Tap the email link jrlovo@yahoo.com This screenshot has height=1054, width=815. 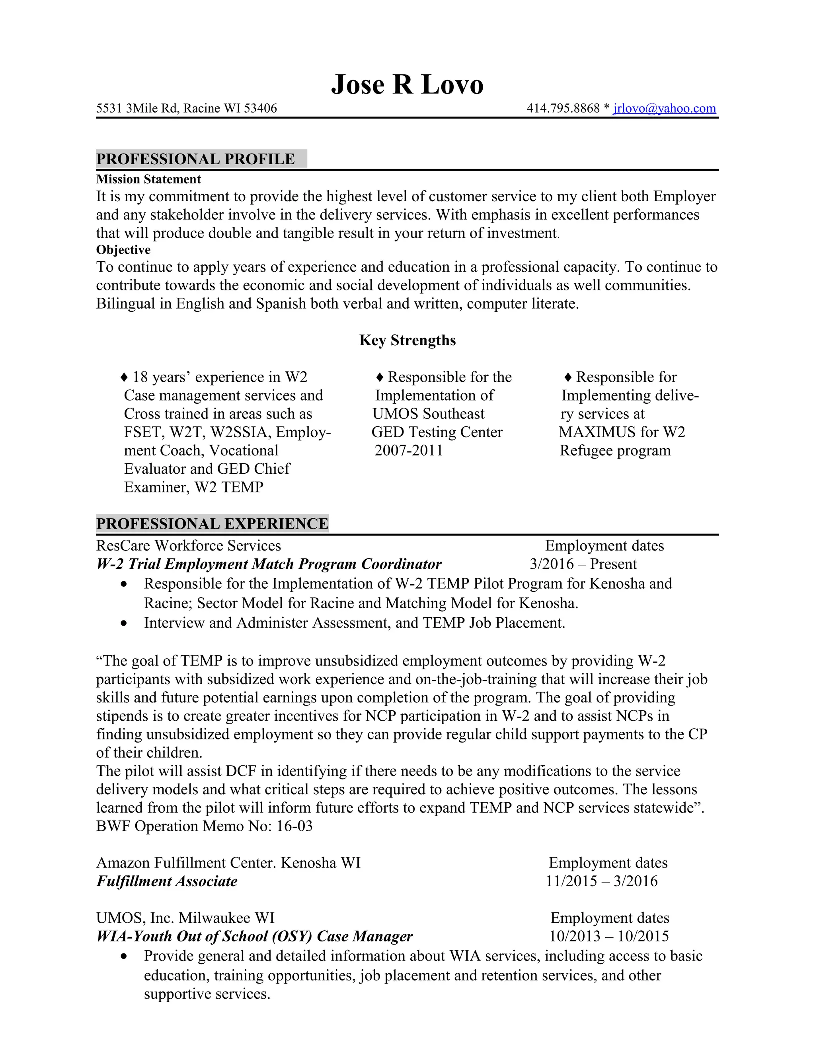pos(664,108)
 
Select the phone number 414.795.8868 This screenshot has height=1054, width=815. pos(563,108)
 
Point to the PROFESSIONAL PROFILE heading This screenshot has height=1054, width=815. pos(195,159)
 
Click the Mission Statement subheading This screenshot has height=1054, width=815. pos(148,179)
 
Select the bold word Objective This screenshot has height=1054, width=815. pos(123,250)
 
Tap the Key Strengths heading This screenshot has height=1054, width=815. pos(407,340)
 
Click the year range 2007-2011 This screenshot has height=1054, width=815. pos(408,451)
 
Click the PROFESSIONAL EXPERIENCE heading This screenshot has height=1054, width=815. pos(212,524)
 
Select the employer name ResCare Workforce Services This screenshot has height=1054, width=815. pos(188,546)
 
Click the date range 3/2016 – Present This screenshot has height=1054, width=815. pos(583,564)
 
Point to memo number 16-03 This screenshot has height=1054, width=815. pos(294,826)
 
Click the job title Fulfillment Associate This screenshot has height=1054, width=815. pos(167,881)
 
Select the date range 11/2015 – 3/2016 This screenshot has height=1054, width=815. pos(602,881)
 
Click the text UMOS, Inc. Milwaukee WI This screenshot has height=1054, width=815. pos(185,918)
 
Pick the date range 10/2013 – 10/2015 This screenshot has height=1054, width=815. pos(609,936)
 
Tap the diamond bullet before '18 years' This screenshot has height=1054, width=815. pos(124,377)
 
